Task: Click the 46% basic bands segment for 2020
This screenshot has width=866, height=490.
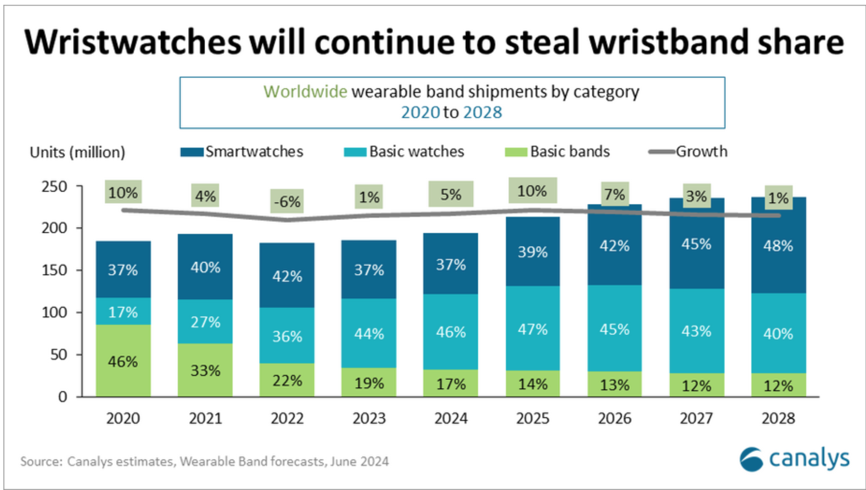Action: pos(123,361)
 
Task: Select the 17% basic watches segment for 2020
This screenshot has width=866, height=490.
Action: pos(123,312)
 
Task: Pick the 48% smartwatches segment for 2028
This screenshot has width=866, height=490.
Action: pos(778,246)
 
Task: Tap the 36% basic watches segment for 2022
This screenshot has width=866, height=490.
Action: pos(287,336)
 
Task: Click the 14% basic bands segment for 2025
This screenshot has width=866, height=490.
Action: pos(532,384)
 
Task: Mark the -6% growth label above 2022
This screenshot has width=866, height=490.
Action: pos(287,201)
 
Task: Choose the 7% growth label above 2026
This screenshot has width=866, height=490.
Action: pos(614,195)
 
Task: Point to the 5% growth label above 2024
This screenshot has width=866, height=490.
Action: pos(451,195)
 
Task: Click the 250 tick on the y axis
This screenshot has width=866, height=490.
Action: pos(54,187)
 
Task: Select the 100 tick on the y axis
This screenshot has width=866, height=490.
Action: pos(54,312)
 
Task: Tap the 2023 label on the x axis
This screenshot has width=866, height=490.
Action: pos(369,419)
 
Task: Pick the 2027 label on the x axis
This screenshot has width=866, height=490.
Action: pos(696,419)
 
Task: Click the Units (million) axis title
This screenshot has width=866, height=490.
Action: pos(77,152)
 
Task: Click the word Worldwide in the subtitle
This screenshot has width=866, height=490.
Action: pos(305,92)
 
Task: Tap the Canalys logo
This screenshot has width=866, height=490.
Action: pos(794,459)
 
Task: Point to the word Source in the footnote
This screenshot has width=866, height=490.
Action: pos(40,461)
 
